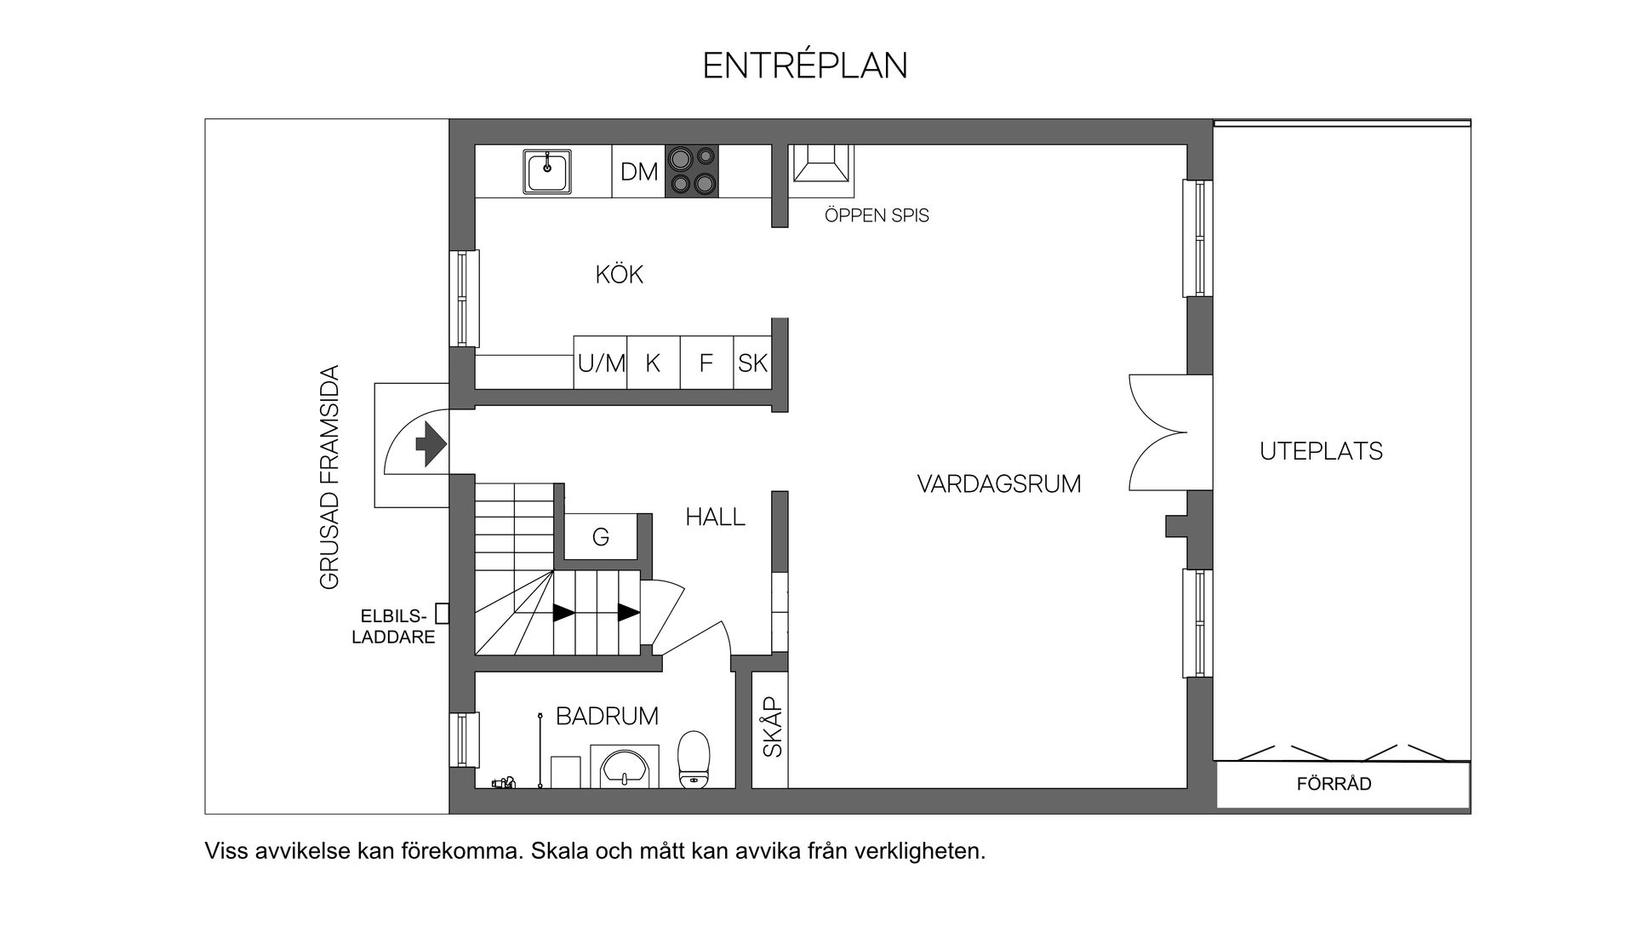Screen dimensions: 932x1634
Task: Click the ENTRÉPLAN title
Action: (x=805, y=66)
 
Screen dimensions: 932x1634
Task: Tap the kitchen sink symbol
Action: (x=547, y=172)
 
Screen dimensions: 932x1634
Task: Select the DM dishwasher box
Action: (x=638, y=172)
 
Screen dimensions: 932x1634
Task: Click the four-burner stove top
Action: (x=691, y=171)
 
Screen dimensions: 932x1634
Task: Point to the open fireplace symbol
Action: (x=820, y=163)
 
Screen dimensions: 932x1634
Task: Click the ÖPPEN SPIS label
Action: (x=877, y=216)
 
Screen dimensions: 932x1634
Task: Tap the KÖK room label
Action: (x=619, y=275)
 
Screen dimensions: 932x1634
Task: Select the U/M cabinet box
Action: (x=601, y=363)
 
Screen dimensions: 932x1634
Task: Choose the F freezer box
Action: (x=706, y=363)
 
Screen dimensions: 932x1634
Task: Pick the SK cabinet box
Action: (x=752, y=363)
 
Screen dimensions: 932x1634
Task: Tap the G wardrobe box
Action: (x=601, y=537)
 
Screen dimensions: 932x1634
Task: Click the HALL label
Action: (x=715, y=517)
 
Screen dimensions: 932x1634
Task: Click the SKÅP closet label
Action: (x=771, y=728)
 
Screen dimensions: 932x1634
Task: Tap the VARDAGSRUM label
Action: (x=999, y=484)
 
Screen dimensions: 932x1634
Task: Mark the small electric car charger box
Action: (x=442, y=613)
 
